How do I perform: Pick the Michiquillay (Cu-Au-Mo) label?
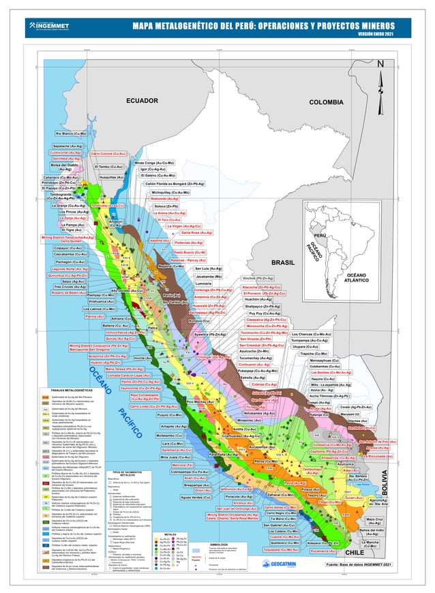click(x=170, y=192)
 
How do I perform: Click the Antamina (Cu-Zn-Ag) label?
click(x=211, y=297)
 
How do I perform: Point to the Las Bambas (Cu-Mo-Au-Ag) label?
click(x=331, y=373)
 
